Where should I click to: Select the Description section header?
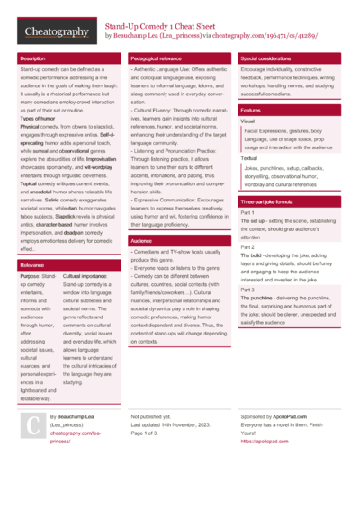pos(36,58)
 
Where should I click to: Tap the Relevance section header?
pos(33,266)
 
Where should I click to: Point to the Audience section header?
pos(141,242)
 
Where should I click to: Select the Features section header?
pos(251,110)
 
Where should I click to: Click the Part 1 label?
pos(247,212)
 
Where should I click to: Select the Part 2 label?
pos(247,247)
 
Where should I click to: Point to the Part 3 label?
pos(247,290)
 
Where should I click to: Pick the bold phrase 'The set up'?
pos(252,220)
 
